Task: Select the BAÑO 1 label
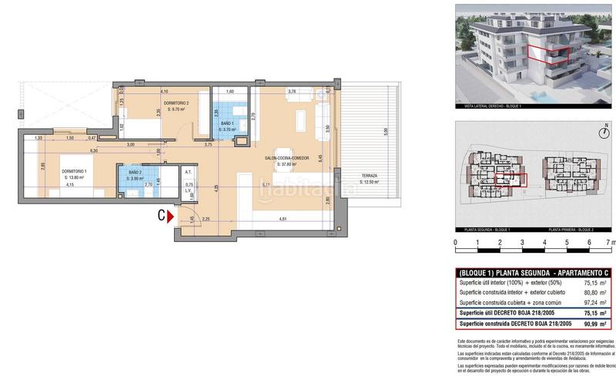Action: click(x=226, y=124)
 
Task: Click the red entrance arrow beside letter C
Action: click(x=170, y=217)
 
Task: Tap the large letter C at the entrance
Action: click(x=161, y=217)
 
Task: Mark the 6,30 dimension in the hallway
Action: click(x=92, y=151)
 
